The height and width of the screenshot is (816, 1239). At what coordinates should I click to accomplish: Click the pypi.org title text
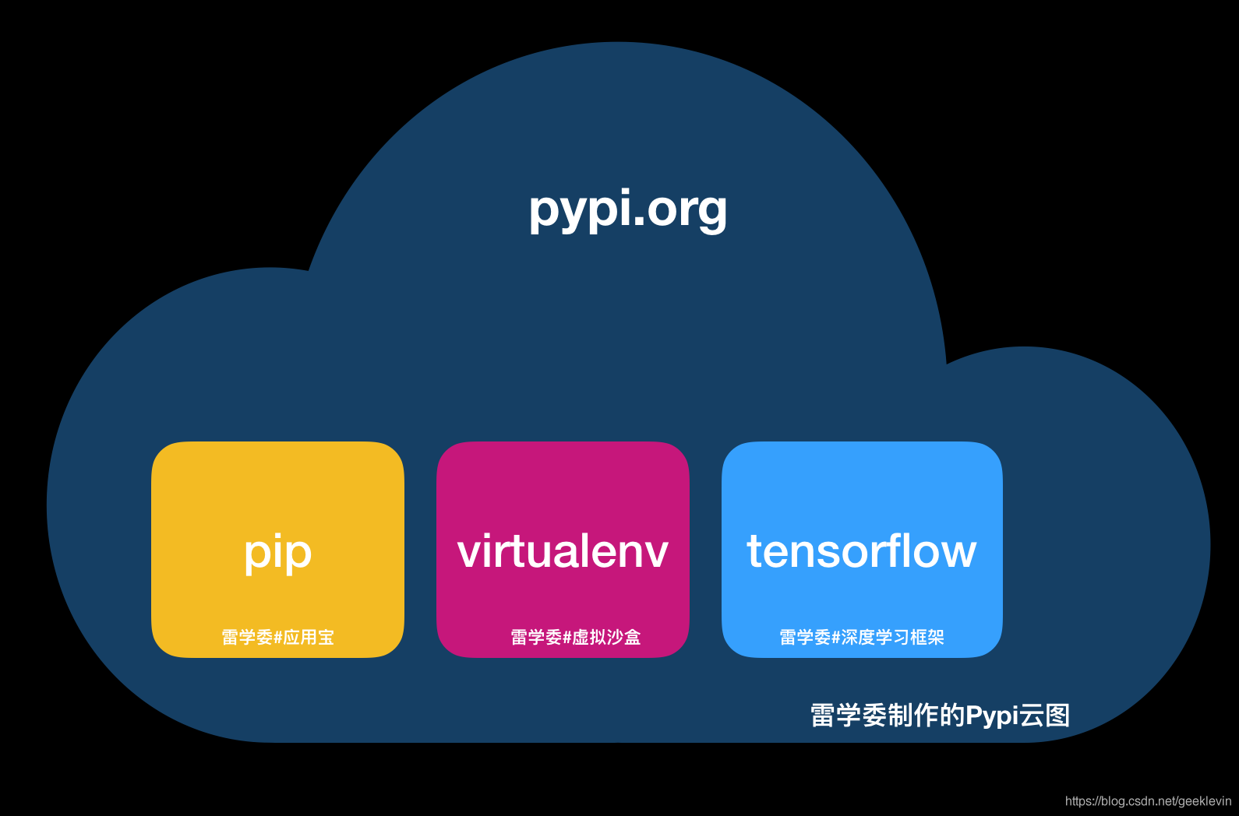(x=628, y=211)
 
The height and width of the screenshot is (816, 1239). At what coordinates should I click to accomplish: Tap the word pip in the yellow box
(x=278, y=552)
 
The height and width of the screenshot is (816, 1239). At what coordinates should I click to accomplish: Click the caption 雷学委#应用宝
(x=277, y=637)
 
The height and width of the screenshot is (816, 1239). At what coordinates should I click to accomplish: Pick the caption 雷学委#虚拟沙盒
(x=575, y=637)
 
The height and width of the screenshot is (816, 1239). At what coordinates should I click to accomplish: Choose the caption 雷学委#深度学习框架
(x=862, y=637)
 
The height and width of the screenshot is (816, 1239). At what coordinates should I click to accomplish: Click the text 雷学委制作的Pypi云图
(x=940, y=716)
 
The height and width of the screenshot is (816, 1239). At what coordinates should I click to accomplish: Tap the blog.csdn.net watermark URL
(x=1149, y=801)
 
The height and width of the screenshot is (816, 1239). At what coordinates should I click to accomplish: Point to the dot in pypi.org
(x=638, y=221)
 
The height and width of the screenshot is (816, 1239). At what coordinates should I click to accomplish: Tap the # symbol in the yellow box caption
(x=278, y=638)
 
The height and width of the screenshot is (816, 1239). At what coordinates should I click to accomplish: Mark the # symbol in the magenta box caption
(x=567, y=638)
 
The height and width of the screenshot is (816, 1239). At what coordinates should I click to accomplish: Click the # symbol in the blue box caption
(x=836, y=638)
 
